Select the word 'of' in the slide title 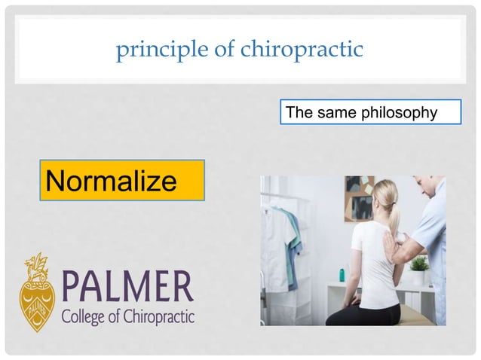217,50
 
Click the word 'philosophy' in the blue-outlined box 400,113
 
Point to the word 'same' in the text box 332,113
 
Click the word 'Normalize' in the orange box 112,181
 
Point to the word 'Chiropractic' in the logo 158,315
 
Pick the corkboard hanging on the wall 360,196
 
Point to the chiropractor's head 430,187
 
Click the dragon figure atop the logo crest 35,264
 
